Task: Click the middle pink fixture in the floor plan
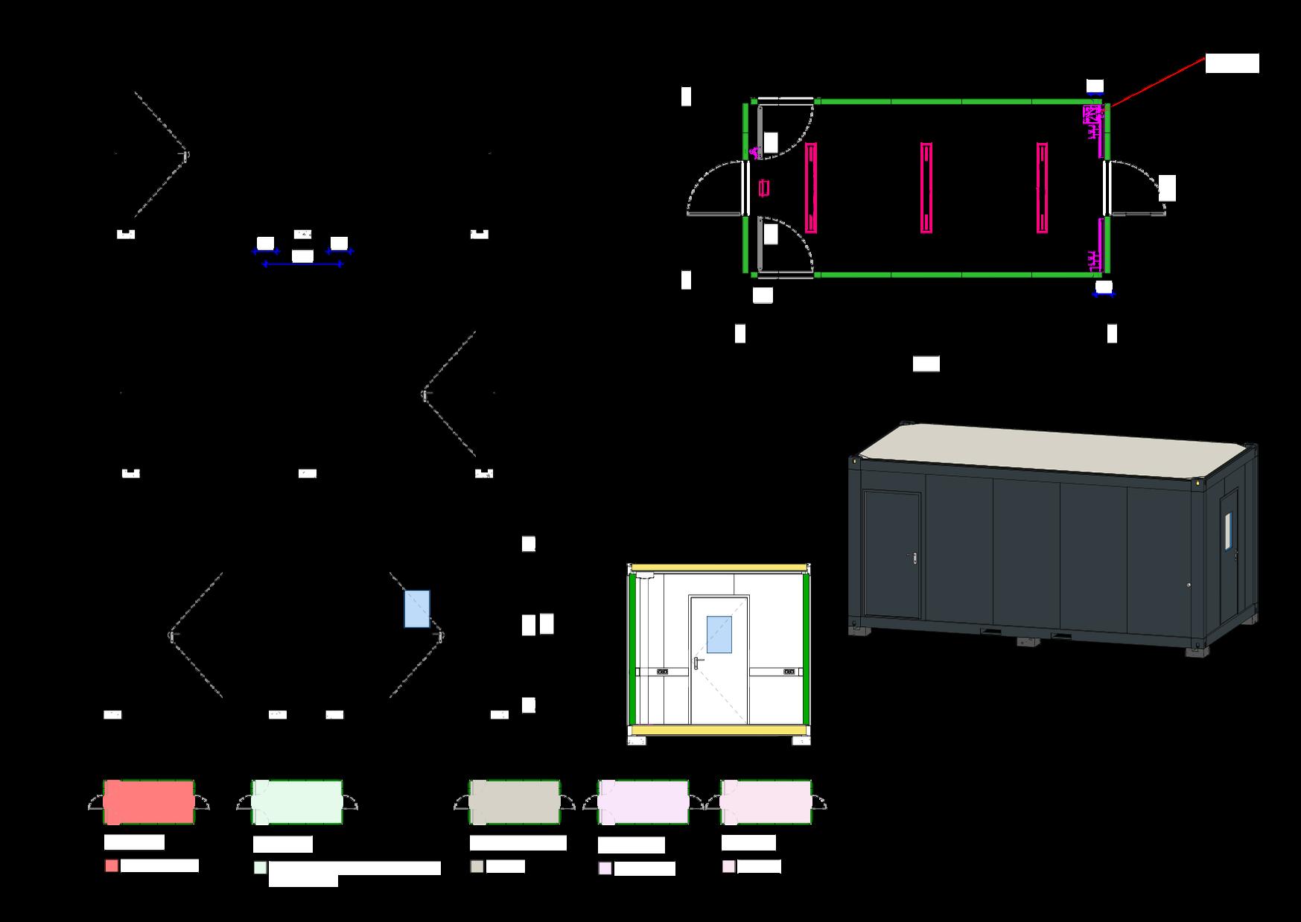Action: (x=926, y=188)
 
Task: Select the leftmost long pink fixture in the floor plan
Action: (x=811, y=188)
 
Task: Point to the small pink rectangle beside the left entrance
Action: (x=764, y=188)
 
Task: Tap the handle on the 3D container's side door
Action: (x=913, y=556)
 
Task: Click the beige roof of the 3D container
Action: (x=1057, y=447)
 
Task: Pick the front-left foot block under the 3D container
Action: (x=860, y=631)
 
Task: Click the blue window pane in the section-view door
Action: (x=719, y=635)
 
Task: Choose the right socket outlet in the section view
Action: (x=789, y=672)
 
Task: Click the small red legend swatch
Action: (x=112, y=866)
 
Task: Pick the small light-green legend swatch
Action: (x=260, y=868)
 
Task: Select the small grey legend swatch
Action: (x=477, y=867)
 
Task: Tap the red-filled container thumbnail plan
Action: (x=149, y=802)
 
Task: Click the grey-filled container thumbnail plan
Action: (x=514, y=802)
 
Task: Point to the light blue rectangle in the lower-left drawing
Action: (x=417, y=608)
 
